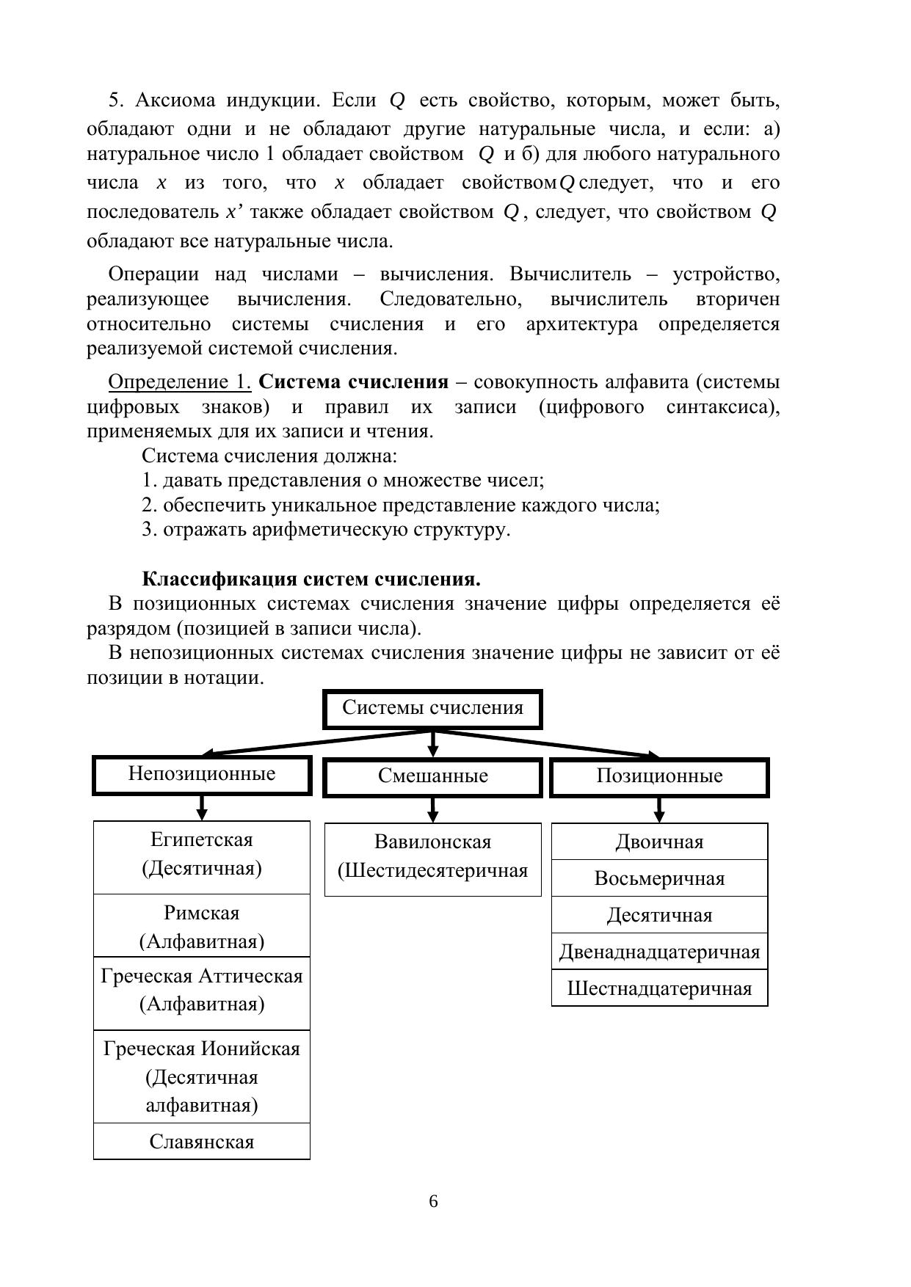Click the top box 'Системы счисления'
(x=432, y=709)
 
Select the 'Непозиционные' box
(x=202, y=775)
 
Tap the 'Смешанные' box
(x=432, y=777)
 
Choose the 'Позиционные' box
(x=659, y=777)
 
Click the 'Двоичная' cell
(x=659, y=842)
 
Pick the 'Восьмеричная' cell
(x=659, y=878)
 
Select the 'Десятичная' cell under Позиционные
(x=659, y=915)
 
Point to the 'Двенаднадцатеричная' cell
(x=659, y=952)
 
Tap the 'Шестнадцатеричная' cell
(x=659, y=988)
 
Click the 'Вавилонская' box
(x=432, y=858)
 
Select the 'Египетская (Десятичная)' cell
(x=202, y=856)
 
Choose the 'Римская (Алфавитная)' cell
(x=202, y=926)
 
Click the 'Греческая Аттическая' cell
(x=202, y=991)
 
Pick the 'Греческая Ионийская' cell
(x=202, y=1076)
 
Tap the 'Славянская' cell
(x=202, y=1142)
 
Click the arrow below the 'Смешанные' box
(x=432, y=810)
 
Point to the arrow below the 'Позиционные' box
(x=659, y=810)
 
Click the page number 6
(x=433, y=1202)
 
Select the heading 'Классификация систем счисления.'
(x=311, y=579)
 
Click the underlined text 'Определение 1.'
(x=180, y=382)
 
